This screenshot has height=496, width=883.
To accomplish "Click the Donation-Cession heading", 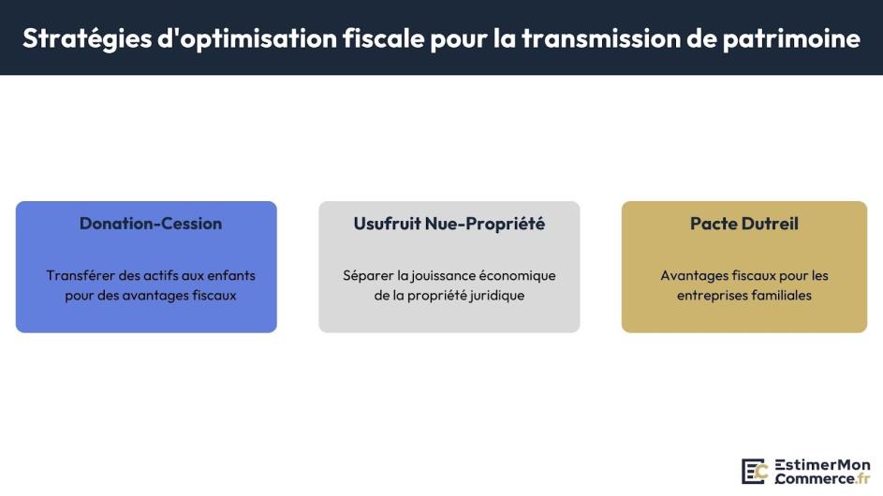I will click(151, 224).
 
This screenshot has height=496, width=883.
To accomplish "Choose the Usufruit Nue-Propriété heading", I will click(449, 224).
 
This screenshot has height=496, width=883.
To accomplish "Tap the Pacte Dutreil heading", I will click(744, 224).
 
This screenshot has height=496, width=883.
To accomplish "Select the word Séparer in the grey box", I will click(366, 275).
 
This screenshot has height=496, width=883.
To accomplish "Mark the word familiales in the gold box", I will click(779, 295).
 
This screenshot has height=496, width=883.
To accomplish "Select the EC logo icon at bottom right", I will click(755, 471).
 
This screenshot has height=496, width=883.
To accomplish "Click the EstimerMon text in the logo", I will click(822, 464).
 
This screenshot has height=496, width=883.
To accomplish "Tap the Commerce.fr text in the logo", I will click(822, 478).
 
